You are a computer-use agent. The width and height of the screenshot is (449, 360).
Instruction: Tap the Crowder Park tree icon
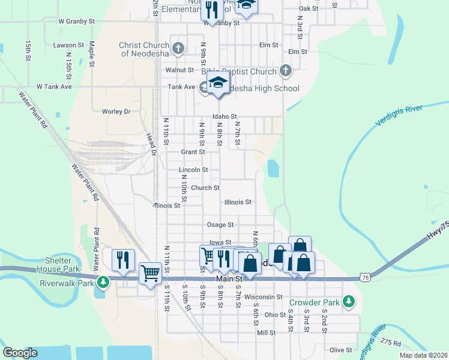(x=348, y=302)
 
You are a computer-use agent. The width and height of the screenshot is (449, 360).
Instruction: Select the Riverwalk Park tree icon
(x=103, y=281)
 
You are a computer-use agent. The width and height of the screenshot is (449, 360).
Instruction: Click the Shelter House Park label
(x=58, y=265)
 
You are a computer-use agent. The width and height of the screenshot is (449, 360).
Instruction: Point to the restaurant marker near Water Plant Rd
(x=123, y=260)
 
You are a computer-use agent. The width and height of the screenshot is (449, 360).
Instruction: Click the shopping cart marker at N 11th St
(x=150, y=273)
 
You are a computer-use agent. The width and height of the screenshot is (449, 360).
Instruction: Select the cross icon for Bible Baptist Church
(x=285, y=71)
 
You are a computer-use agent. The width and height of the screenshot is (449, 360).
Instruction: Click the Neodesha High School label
(x=262, y=88)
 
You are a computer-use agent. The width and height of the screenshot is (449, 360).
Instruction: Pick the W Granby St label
(x=76, y=20)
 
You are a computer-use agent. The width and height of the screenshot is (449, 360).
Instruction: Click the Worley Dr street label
(x=116, y=112)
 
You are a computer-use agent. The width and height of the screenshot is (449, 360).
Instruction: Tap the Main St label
(x=228, y=279)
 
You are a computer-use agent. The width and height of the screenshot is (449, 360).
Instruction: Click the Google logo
(x=20, y=353)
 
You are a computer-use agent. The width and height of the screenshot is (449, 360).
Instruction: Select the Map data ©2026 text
(x=423, y=355)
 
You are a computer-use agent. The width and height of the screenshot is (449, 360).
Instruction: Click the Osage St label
(x=220, y=224)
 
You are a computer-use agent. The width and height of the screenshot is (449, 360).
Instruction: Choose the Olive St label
(x=340, y=350)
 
